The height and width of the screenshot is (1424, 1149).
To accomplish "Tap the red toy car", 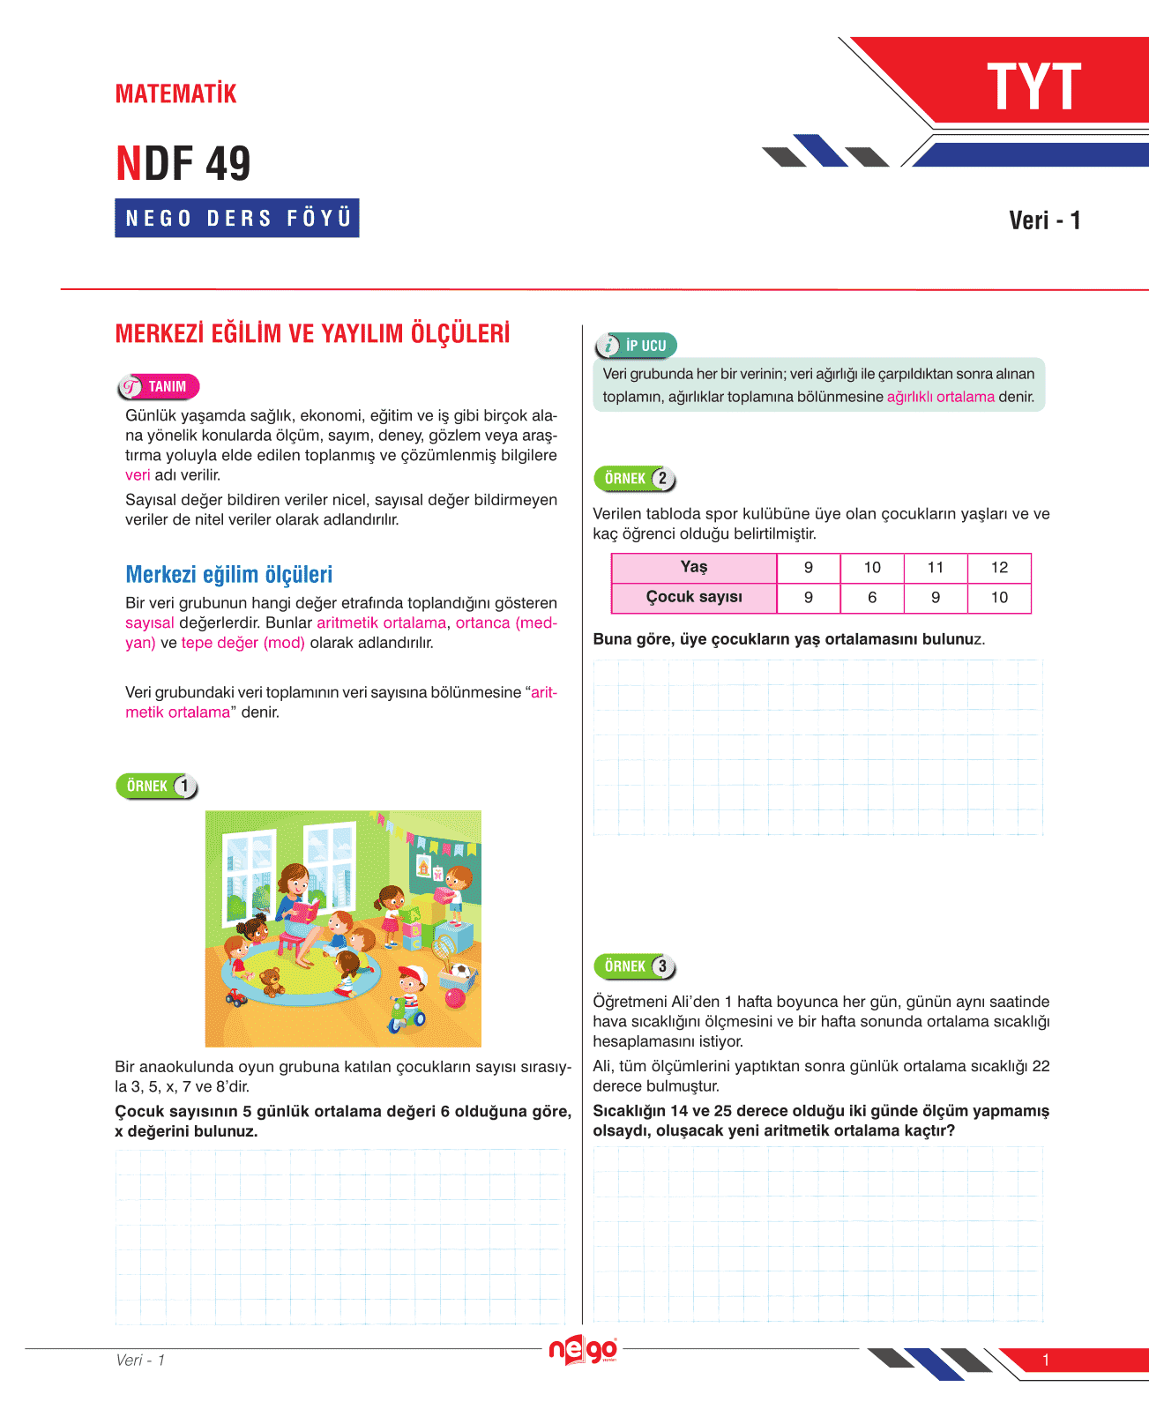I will (x=236, y=996).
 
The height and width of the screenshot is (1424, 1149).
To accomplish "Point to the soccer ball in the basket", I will (x=460, y=971).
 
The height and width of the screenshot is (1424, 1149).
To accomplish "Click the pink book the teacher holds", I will (x=305, y=910).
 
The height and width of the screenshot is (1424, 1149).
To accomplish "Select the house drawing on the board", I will (x=424, y=869).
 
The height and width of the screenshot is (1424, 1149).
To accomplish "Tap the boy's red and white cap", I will (x=412, y=974).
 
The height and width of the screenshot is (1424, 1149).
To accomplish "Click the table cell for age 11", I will (x=936, y=568).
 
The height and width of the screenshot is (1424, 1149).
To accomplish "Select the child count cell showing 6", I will (x=872, y=598).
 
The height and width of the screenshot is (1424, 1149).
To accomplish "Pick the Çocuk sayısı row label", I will (x=694, y=598).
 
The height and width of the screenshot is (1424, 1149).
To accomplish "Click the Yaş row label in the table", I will (x=694, y=568).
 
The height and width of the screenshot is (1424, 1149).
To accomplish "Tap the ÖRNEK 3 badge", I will (x=635, y=966).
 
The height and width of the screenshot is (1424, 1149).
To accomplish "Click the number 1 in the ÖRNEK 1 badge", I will (x=183, y=787).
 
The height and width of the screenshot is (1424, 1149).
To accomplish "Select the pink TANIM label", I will (x=159, y=387).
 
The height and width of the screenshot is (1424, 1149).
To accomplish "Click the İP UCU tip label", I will (x=637, y=346).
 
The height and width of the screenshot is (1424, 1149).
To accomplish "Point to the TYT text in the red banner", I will (x=1033, y=88).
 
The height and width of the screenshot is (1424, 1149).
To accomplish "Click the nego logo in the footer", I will (x=583, y=1350).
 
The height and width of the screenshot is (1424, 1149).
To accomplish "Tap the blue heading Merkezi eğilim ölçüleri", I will (x=229, y=575).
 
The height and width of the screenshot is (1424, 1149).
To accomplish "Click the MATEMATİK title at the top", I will (x=176, y=93).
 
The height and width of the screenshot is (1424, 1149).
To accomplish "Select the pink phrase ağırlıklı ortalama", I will (x=940, y=397).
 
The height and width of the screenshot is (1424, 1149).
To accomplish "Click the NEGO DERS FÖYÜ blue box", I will (x=237, y=218).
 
